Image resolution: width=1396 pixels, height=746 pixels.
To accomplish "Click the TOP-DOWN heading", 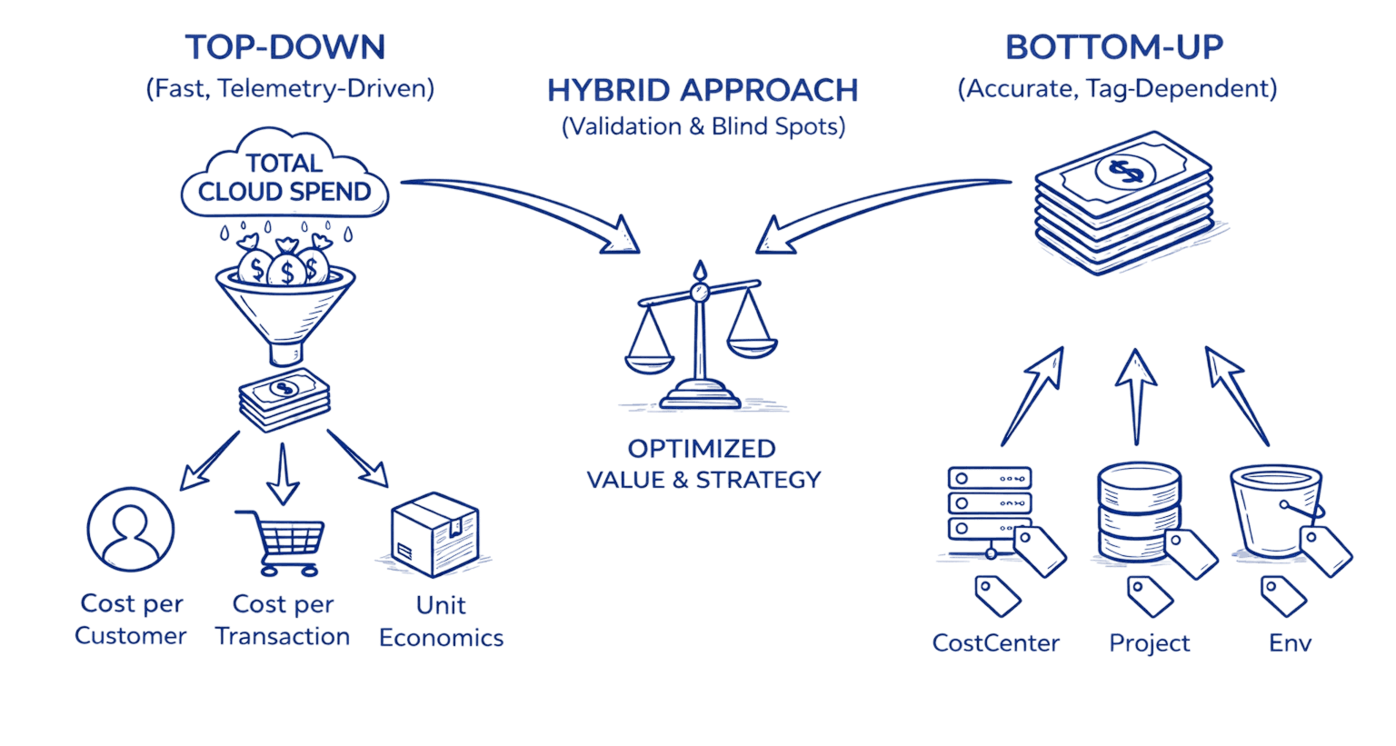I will coord(285,47).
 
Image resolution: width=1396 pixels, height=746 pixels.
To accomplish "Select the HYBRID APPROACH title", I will coord(702,91).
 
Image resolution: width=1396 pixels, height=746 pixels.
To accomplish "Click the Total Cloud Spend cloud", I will coord(285,177).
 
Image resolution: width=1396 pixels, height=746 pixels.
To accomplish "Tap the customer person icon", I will coord(130,530).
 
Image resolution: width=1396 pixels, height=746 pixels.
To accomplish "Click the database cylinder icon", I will coord(1139,514).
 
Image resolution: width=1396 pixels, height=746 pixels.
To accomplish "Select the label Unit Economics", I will coord(441,622).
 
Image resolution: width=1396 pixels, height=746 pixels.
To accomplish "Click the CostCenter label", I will coord(996,643).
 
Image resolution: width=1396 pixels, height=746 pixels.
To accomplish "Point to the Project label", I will coord(1150,643).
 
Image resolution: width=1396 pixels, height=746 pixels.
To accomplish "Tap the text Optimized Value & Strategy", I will coord(703,464).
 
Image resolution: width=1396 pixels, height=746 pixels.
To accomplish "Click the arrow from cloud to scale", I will coord(527,204).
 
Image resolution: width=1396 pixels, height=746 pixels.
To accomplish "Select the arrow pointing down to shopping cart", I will coord(283,472).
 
